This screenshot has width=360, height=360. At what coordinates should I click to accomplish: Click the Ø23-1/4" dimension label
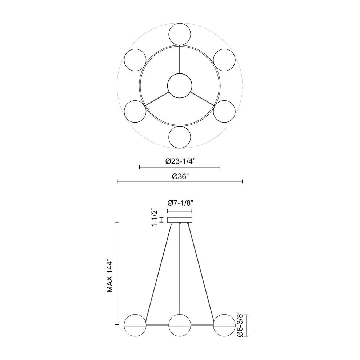point(180,162)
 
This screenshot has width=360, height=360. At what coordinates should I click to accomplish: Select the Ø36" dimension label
point(180,176)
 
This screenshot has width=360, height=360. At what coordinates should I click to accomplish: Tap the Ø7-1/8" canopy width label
point(180,203)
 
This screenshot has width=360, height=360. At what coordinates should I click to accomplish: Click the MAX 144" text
point(110,276)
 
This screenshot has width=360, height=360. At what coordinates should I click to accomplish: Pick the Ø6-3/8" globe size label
point(239,325)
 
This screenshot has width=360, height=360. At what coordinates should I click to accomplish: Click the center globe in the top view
point(180,86)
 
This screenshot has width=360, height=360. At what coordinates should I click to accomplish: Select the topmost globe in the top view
point(180,34)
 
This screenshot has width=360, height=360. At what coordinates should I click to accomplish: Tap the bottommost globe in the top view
point(180,137)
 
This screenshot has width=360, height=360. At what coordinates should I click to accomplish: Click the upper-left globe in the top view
point(135,60)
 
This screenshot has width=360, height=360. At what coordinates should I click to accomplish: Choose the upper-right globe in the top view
point(224,60)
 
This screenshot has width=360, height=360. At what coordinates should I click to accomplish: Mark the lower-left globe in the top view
point(135,111)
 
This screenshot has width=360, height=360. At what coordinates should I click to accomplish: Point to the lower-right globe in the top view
point(224,111)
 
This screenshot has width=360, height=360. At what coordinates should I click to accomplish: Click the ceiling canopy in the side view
point(180,220)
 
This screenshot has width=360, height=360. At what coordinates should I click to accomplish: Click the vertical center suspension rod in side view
point(180,269)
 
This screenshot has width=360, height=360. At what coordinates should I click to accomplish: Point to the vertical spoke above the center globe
point(180,60)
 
